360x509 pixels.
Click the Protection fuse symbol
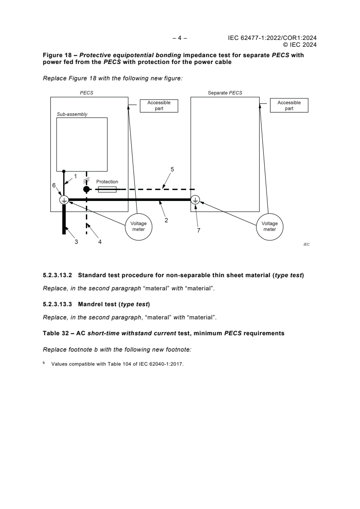coord(107,189)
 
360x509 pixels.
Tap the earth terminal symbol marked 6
coord(64,200)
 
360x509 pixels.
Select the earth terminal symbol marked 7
coord(195,200)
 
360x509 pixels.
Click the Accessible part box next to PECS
coord(159,106)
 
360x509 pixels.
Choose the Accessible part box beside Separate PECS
coord(289,106)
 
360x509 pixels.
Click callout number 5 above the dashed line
coord(172,169)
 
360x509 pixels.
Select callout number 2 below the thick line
coord(167,220)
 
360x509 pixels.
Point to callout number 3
coord(76,242)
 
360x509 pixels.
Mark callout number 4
coord(100,242)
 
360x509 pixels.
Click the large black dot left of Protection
coord(86,189)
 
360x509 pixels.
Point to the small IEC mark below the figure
coord(306,244)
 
